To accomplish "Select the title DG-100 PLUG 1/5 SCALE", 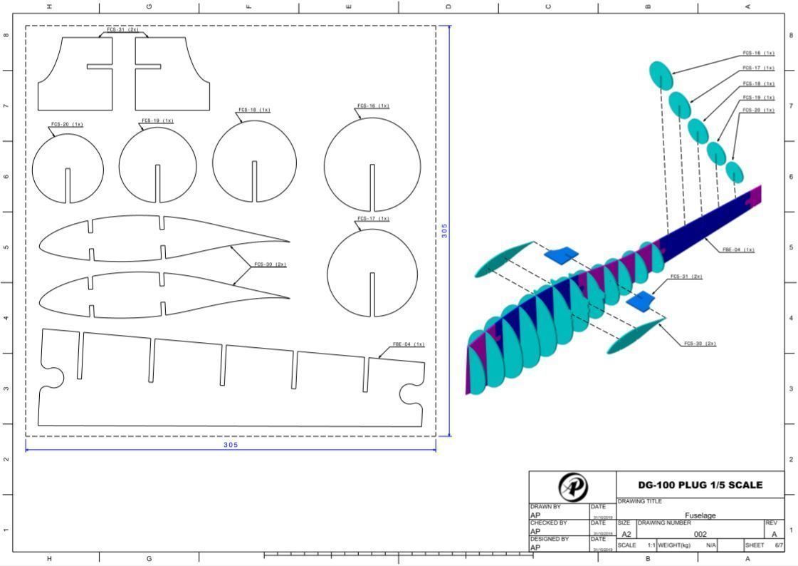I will pyautogui.click(x=700, y=485).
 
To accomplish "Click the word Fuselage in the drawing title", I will pyautogui.click(x=700, y=515).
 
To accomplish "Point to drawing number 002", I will pyautogui.click(x=700, y=534).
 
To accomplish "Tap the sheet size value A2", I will pyautogui.click(x=626, y=534).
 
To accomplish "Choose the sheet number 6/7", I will pyautogui.click(x=779, y=545).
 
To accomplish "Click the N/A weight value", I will pyautogui.click(x=710, y=545).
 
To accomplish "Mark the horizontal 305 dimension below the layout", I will pyautogui.click(x=231, y=445).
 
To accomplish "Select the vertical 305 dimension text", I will pyautogui.click(x=444, y=231).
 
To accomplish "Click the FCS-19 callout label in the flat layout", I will pyautogui.click(x=157, y=120).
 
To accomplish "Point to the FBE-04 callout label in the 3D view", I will pyautogui.click(x=737, y=249).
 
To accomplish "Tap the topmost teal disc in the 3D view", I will pyautogui.click(x=661, y=76).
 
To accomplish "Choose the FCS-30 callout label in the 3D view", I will pyautogui.click(x=699, y=344).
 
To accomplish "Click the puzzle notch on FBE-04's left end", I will pyautogui.click(x=51, y=376).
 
